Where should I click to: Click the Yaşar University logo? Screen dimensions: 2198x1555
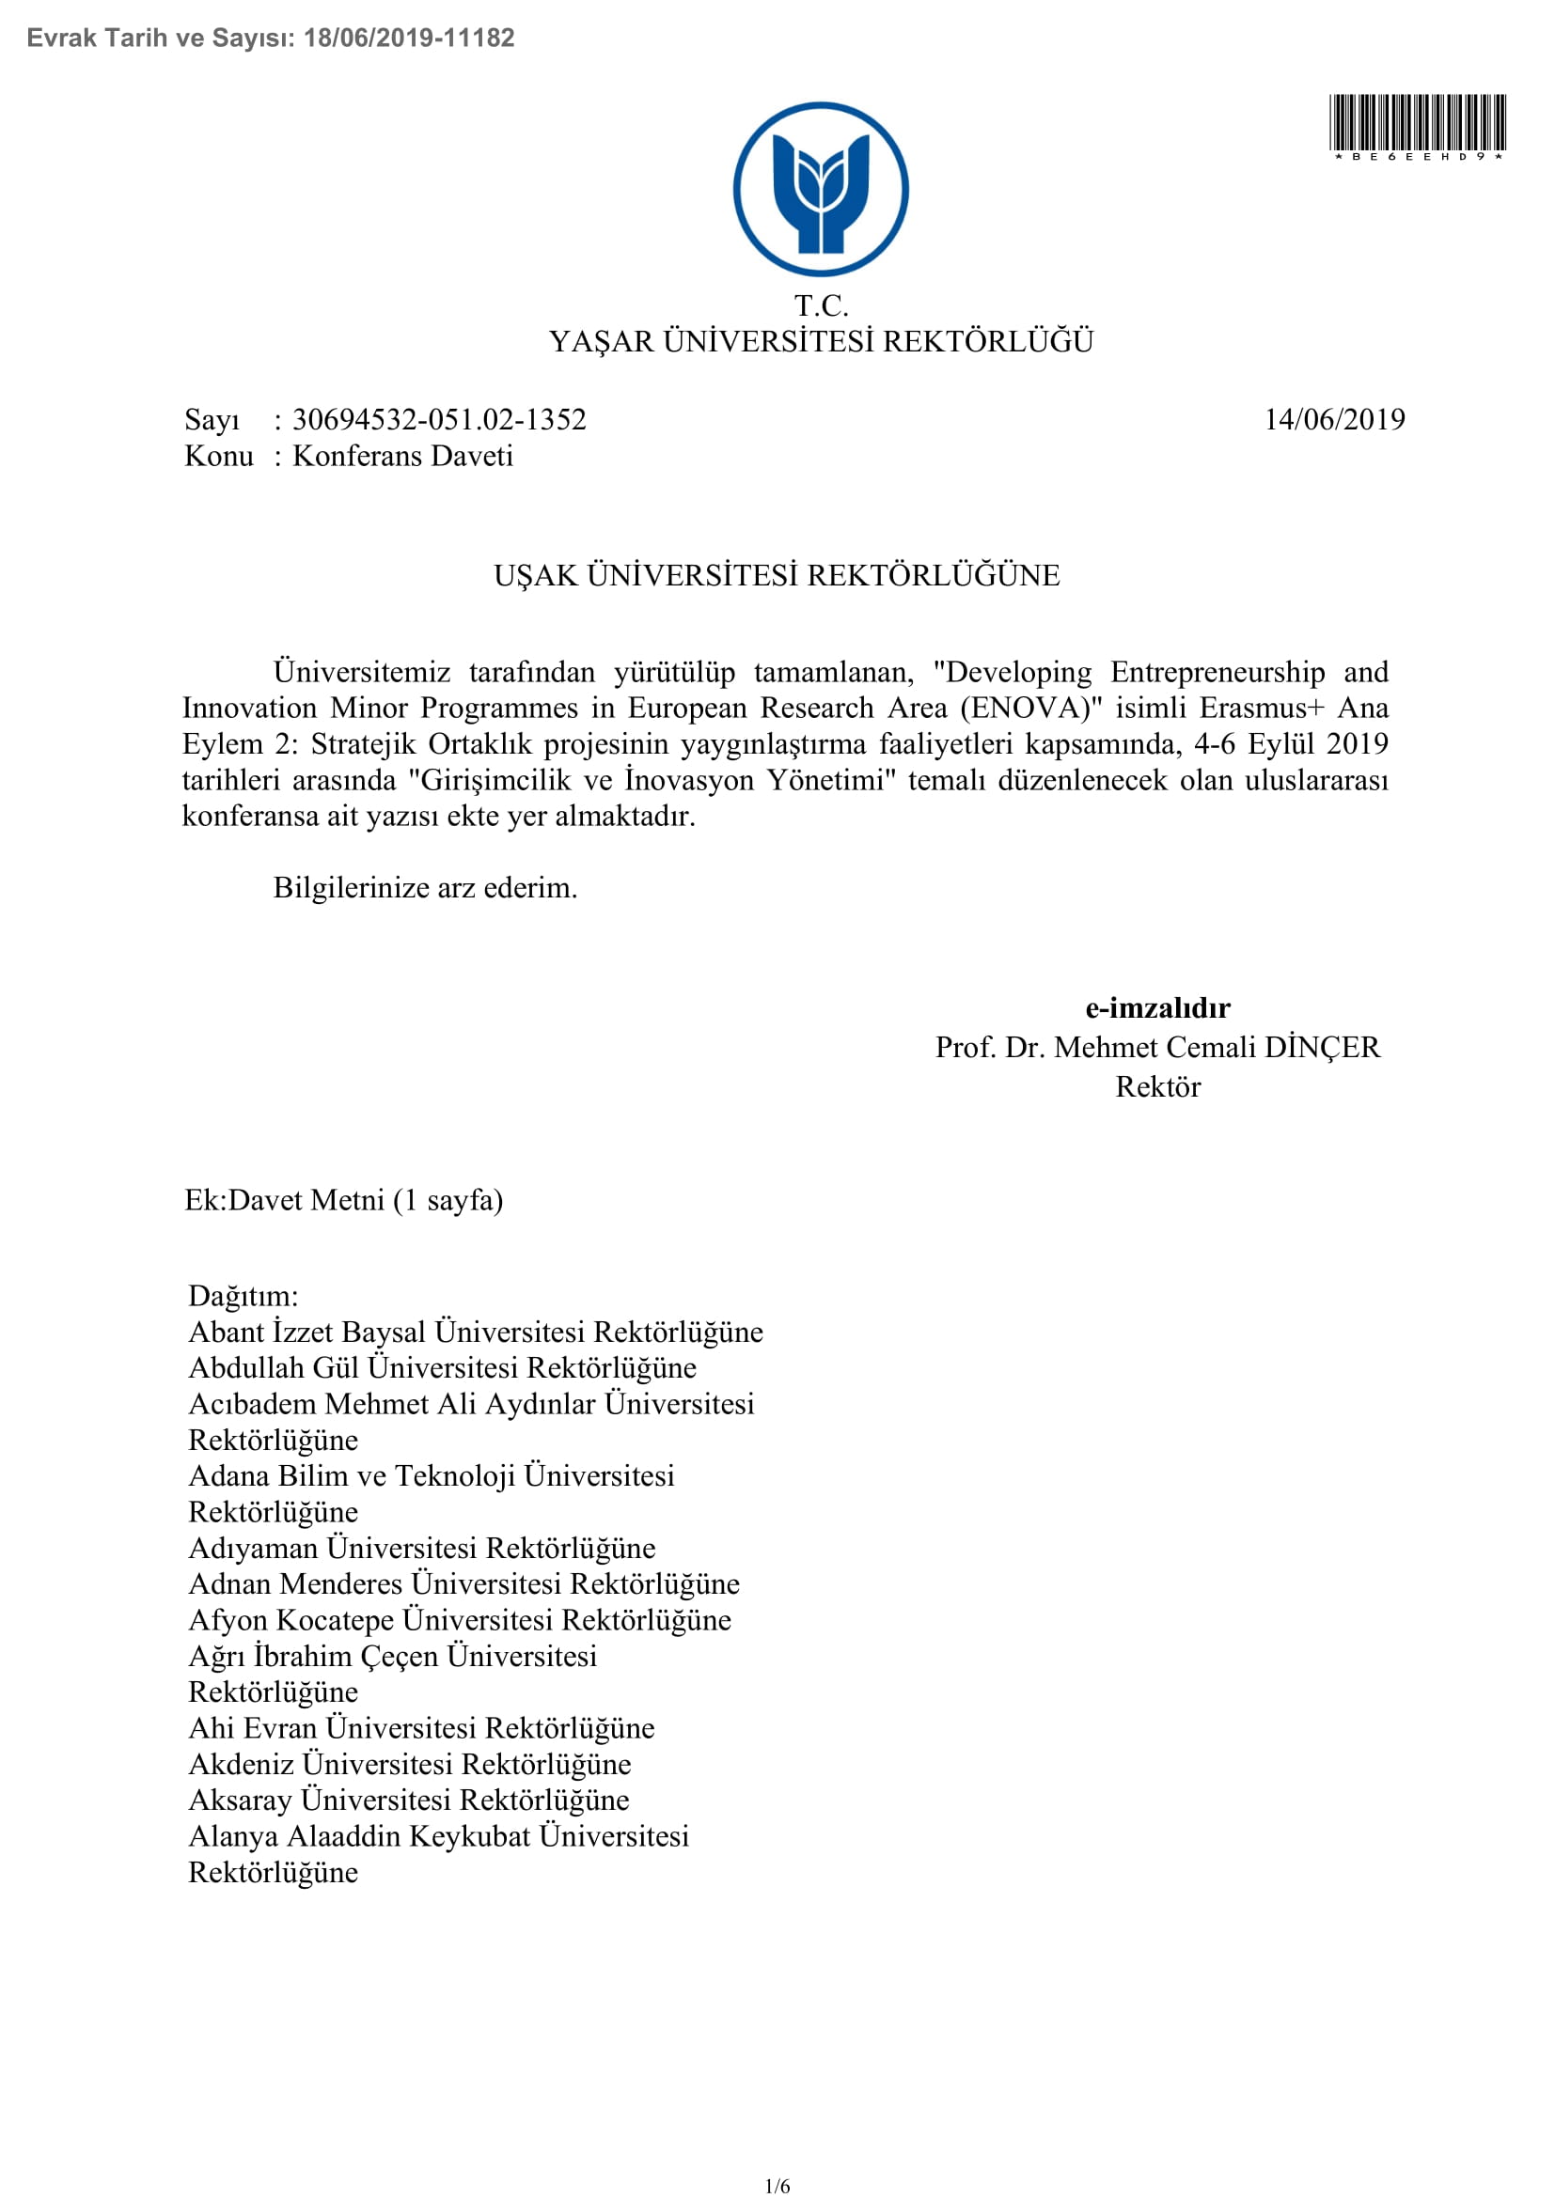[821, 190]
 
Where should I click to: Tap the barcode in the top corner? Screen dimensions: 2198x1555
[1417, 123]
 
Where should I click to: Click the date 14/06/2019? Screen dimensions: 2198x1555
[1334, 419]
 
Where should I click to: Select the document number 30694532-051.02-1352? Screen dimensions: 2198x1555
[438, 419]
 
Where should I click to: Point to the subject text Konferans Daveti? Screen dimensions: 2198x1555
[402, 456]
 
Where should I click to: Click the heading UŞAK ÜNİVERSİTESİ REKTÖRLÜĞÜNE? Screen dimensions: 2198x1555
[777, 575]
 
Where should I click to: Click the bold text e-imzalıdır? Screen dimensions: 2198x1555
[1157, 1007]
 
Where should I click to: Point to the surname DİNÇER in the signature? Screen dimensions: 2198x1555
[1323, 1047]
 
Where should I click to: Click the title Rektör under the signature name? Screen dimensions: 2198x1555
[1157, 1086]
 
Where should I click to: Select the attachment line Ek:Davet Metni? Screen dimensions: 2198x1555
[343, 1199]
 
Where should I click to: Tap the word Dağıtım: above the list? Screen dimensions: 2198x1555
[243, 1295]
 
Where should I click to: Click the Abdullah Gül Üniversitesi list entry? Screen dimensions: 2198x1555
[443, 1367]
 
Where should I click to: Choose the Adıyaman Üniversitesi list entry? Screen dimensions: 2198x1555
[422, 1547]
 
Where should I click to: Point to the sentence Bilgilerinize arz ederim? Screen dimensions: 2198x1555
[425, 887]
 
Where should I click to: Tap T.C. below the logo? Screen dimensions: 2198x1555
[821, 305]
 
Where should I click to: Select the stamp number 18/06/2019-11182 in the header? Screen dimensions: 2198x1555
[409, 38]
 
